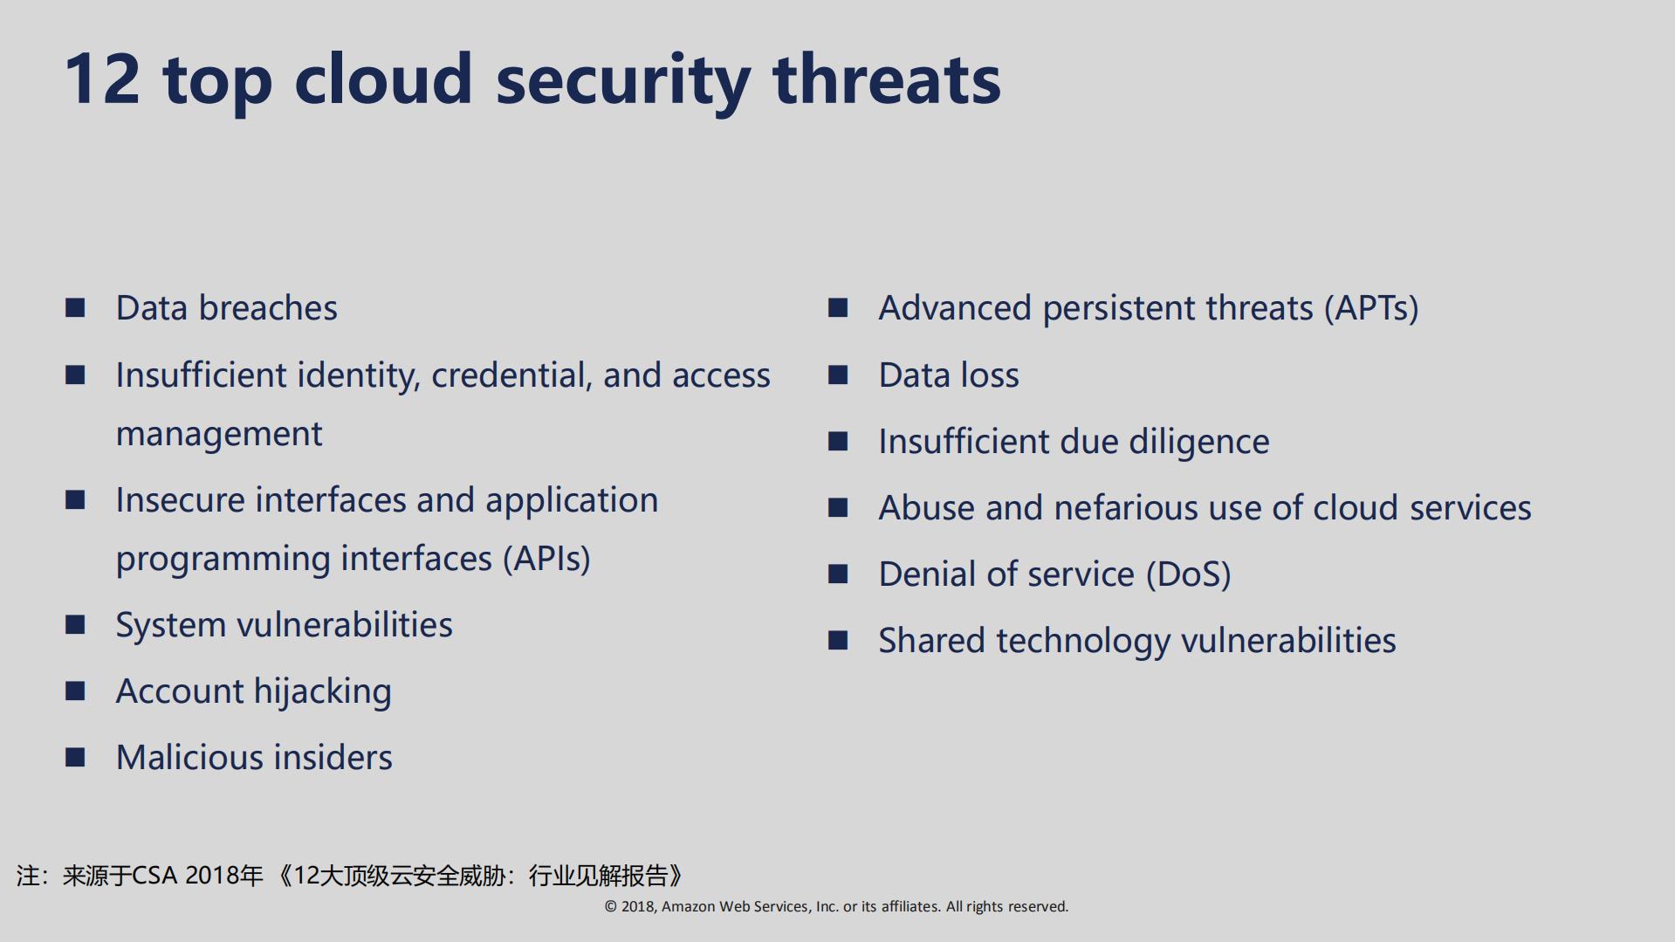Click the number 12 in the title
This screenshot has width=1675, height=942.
[102, 79]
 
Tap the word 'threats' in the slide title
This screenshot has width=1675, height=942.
[887, 79]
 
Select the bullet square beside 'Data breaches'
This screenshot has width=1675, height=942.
[75, 307]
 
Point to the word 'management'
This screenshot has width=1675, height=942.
[219, 435]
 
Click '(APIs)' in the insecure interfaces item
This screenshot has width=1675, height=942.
[546, 559]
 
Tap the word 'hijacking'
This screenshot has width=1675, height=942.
[323, 691]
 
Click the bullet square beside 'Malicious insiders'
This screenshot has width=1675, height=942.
[75, 757]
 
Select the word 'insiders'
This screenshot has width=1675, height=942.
[342, 757]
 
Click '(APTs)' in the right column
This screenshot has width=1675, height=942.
[1371, 308]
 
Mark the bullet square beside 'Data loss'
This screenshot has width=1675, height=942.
[838, 375]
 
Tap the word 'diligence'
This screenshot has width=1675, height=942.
[1199, 442]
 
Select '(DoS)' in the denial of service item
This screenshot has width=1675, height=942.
[1188, 574]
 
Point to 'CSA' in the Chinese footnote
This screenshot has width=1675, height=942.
[154, 875]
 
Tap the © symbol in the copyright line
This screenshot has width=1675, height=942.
[611, 906]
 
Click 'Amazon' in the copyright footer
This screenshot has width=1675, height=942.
[689, 906]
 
